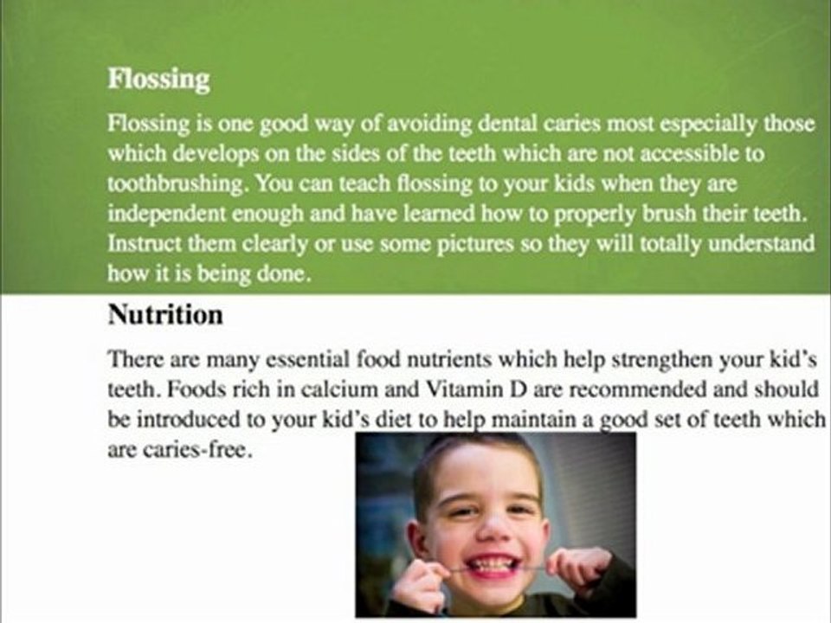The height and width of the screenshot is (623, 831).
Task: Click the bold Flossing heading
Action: point(158,80)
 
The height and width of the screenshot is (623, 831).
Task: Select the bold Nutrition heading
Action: point(165,315)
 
